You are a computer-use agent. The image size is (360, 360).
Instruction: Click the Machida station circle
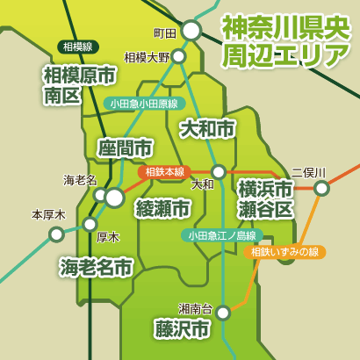191,32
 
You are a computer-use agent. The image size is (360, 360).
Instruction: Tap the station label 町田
165,33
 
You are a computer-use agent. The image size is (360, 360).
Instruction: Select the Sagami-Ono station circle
179,56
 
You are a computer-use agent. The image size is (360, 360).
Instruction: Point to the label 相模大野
146,58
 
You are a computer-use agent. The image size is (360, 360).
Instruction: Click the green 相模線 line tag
80,46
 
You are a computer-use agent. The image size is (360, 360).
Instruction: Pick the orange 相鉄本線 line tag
165,171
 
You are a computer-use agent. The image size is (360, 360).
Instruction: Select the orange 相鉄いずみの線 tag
283,252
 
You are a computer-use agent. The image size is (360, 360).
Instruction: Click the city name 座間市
125,147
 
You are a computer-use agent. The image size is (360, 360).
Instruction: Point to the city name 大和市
207,129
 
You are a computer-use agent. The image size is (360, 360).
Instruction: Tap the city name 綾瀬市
162,208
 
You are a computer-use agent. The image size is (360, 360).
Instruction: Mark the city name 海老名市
96,265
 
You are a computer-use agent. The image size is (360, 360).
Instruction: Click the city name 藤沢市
181,330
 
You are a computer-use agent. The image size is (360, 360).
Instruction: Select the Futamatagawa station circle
322,188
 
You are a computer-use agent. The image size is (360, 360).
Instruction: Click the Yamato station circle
219,171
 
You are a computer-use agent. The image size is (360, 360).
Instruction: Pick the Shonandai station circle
224,312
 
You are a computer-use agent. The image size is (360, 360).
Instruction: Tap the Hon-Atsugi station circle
57,234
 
